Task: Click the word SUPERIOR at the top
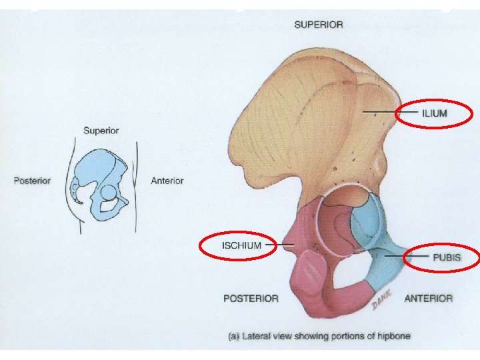[x=319, y=25]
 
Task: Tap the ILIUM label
[x=434, y=113]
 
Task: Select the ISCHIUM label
[x=241, y=245]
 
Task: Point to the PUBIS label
[x=446, y=257]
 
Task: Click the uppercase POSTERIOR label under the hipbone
[x=251, y=299]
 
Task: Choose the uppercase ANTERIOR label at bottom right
[x=428, y=299]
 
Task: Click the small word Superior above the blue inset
[x=101, y=130]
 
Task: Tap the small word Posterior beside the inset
[x=32, y=181]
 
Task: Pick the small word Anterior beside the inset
[x=167, y=181]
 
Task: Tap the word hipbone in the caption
[x=393, y=337]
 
